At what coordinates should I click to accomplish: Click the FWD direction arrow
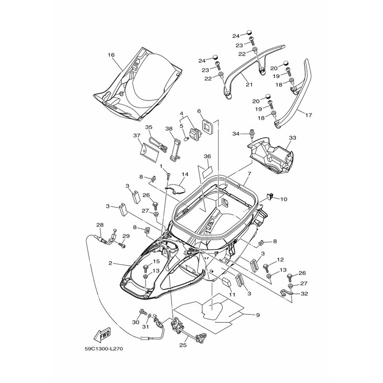pyautogui.click(x=102, y=334)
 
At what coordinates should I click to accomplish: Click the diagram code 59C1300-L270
pyautogui.click(x=104, y=349)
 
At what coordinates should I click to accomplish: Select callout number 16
pyautogui.click(x=111, y=55)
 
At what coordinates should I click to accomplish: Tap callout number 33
pyautogui.click(x=293, y=138)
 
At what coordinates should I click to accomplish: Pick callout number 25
pyautogui.click(x=183, y=345)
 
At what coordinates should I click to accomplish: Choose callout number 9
pyautogui.click(x=258, y=315)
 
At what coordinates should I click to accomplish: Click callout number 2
pyautogui.click(x=111, y=263)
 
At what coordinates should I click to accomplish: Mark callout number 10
pyautogui.click(x=283, y=199)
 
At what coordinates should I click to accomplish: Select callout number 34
pyautogui.click(x=236, y=134)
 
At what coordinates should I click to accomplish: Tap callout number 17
pyautogui.click(x=309, y=114)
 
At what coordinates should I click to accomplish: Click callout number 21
pyautogui.click(x=249, y=85)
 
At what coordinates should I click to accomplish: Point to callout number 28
pyautogui.click(x=100, y=225)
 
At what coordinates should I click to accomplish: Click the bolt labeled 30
pyautogui.click(x=142, y=312)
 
